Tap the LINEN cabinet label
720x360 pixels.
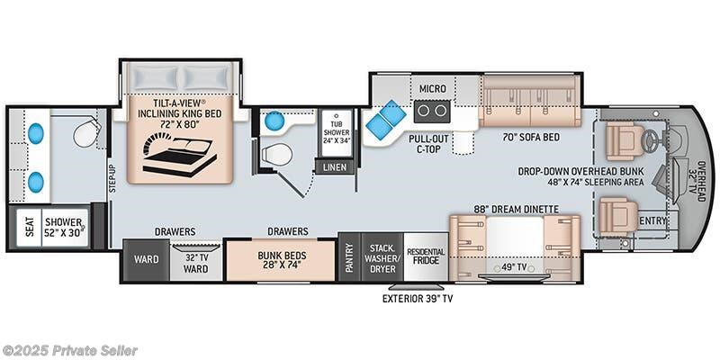click(x=335, y=167)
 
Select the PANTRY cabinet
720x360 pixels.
click(x=349, y=256)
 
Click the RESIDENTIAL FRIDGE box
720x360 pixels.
click(x=426, y=256)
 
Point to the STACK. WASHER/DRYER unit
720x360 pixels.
click(x=382, y=256)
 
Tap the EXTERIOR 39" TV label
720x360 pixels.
click(x=418, y=299)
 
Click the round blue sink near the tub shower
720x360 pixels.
click(x=275, y=121)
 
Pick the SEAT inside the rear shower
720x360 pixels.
click(x=30, y=226)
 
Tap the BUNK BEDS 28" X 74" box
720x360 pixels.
click(x=281, y=259)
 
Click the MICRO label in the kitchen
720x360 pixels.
click(x=432, y=88)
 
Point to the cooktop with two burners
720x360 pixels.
click(x=432, y=111)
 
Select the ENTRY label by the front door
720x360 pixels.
click(x=652, y=220)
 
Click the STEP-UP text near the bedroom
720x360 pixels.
click(x=111, y=178)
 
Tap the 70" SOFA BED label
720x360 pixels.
click(x=530, y=137)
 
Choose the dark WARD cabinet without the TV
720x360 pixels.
click(x=147, y=259)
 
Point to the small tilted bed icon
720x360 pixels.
click(x=179, y=154)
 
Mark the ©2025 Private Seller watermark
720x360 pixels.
click(x=69, y=351)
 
